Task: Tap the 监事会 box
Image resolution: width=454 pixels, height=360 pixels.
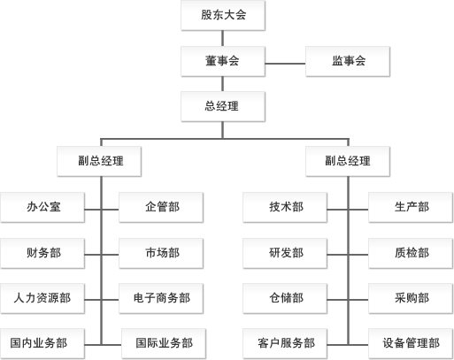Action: [x=349, y=61]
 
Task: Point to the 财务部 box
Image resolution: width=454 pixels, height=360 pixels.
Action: [x=43, y=253]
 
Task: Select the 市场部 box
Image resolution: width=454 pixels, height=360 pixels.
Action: [x=162, y=253]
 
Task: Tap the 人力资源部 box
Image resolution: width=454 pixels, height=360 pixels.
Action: [x=43, y=298]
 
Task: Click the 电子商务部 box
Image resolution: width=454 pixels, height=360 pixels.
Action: [x=162, y=298]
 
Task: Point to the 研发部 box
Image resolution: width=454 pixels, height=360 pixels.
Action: [x=286, y=253]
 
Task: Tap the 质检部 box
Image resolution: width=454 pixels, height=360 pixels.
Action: [x=412, y=253]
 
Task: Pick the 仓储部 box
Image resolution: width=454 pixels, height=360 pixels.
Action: [x=286, y=298]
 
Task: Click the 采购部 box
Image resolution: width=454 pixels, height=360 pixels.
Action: [x=412, y=298]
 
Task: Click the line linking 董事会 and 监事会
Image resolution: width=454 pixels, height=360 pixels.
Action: [x=285, y=61]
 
